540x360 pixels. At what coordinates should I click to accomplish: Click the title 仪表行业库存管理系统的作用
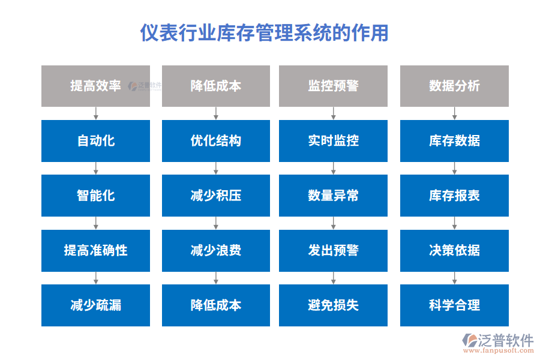pyautogui.click(x=264, y=32)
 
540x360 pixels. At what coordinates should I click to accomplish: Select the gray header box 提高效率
pyautogui.click(x=95, y=86)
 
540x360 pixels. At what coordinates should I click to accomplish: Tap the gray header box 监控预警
pyautogui.click(x=333, y=86)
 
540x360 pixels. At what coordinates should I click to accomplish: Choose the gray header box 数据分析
pyautogui.click(x=454, y=86)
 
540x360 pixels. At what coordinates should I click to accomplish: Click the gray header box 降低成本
pyautogui.click(x=216, y=86)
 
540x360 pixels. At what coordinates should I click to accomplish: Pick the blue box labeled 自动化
pyautogui.click(x=95, y=141)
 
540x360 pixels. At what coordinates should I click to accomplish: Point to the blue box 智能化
pyautogui.click(x=95, y=196)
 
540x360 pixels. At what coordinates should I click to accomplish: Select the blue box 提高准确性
pyautogui.click(x=95, y=250)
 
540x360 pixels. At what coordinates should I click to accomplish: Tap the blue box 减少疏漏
pyautogui.click(x=95, y=305)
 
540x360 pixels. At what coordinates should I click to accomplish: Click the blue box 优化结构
pyautogui.click(x=216, y=141)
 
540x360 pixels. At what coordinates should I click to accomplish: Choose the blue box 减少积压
pyautogui.click(x=216, y=196)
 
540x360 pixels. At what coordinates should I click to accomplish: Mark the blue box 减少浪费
pyautogui.click(x=216, y=250)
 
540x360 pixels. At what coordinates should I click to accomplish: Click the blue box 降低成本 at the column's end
pyautogui.click(x=216, y=305)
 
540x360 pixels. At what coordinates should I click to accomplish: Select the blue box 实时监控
pyautogui.click(x=333, y=141)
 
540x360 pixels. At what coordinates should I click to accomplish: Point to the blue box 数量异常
pyautogui.click(x=333, y=196)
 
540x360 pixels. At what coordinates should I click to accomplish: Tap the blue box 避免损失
pyautogui.click(x=333, y=305)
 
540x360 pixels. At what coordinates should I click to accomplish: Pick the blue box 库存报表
pyautogui.click(x=454, y=196)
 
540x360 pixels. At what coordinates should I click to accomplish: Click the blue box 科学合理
pyautogui.click(x=454, y=305)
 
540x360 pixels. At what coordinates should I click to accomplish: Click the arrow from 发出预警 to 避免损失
pyautogui.click(x=333, y=278)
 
